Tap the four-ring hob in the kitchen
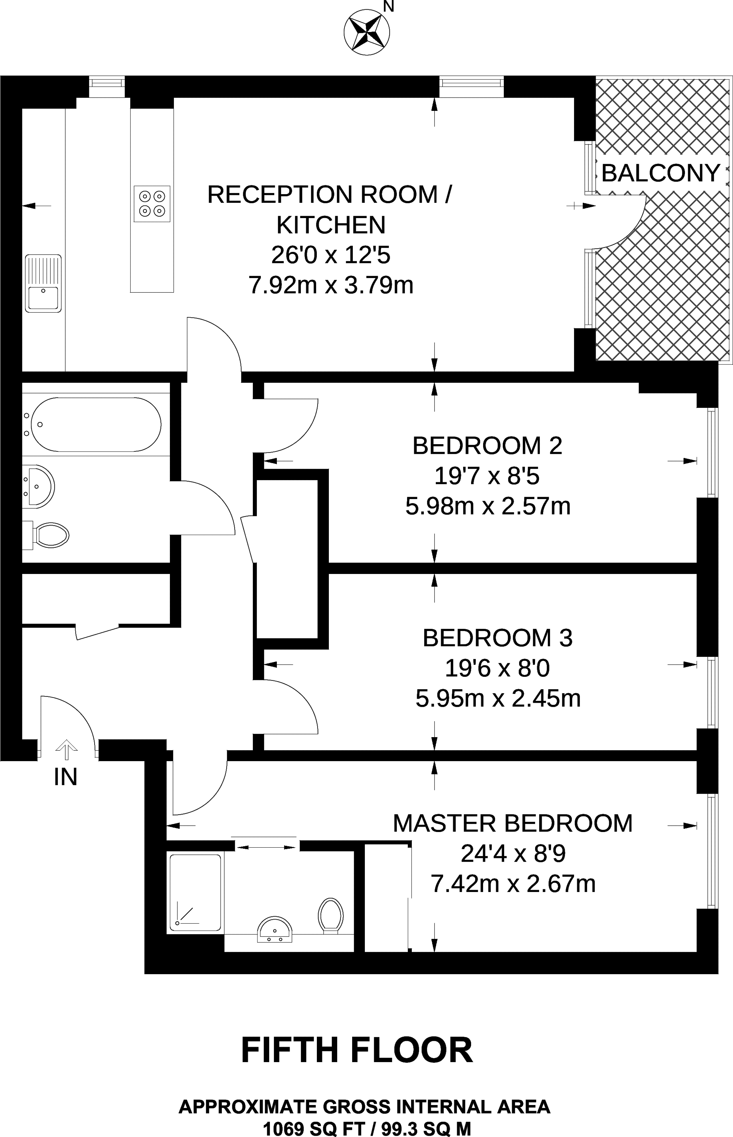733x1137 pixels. pos(152,203)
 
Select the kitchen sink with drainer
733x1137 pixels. pos(43,283)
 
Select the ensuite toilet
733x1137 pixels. pos(331,915)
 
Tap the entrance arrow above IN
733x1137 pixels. pos(67,751)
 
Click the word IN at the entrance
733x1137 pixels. pos(66,777)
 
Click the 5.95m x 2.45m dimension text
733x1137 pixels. pos(498,699)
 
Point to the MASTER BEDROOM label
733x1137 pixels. pos(513,823)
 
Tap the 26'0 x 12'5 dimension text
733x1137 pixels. pos(331,255)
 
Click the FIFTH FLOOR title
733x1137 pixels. pos(357,1050)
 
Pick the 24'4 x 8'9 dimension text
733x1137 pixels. pos(513,854)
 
